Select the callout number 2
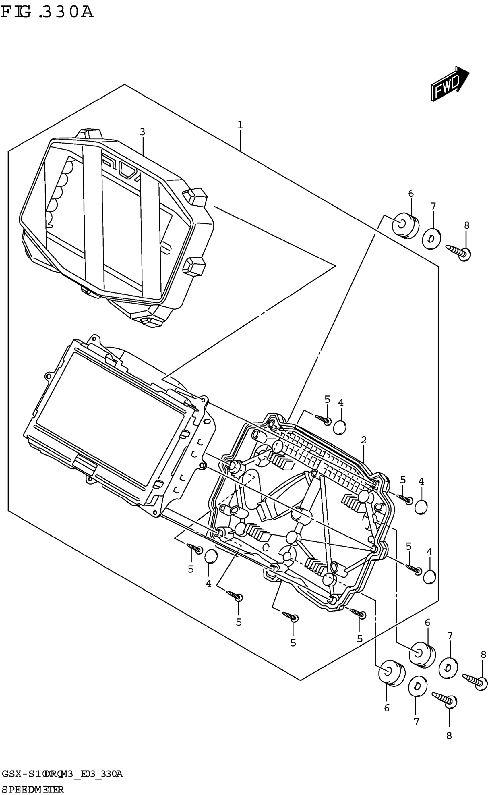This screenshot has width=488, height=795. click(x=364, y=440)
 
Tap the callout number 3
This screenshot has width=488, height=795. click(x=142, y=132)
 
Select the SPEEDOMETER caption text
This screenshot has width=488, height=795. click(x=32, y=790)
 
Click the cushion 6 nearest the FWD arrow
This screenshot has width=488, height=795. click(x=405, y=225)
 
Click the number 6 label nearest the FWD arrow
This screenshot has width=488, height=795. click(x=411, y=194)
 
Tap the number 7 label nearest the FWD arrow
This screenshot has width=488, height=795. click(x=433, y=206)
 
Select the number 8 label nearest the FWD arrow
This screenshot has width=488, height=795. click(x=466, y=225)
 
